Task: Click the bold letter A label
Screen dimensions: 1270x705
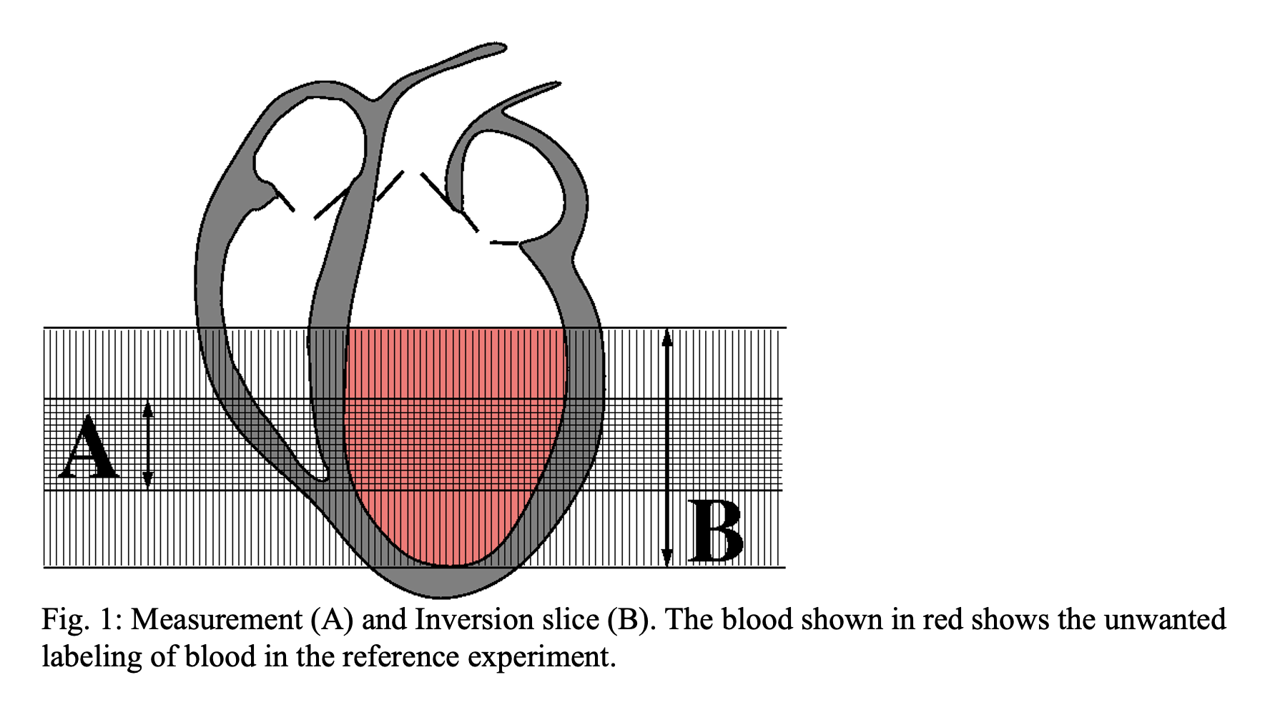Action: (x=89, y=447)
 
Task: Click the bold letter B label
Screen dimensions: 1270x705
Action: (x=716, y=531)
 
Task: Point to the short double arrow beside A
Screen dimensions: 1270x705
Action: (x=147, y=445)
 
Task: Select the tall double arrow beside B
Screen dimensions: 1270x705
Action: (x=667, y=448)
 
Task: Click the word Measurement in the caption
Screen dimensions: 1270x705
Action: (x=217, y=620)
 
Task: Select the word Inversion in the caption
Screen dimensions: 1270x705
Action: (x=471, y=619)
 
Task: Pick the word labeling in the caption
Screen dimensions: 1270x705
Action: (x=92, y=657)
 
